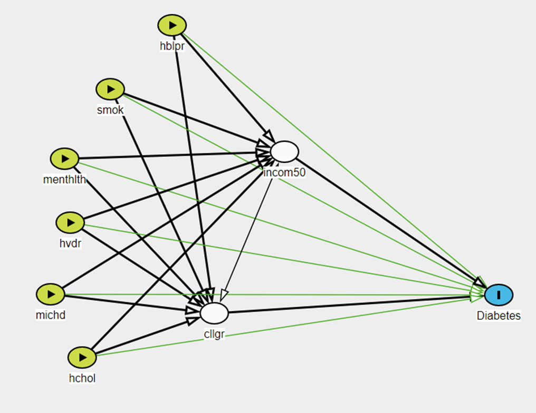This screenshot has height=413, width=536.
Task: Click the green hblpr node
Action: tap(172, 25)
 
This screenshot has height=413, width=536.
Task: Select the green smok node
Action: tap(110, 89)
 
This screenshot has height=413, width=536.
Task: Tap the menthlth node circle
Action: tap(64, 158)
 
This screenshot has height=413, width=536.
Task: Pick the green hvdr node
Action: tap(70, 222)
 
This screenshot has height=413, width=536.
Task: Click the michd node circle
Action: tap(50, 294)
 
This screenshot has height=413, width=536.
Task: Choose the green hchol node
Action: tap(82, 358)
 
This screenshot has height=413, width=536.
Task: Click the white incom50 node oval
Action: tap(284, 151)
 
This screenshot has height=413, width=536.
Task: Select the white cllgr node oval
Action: tap(214, 313)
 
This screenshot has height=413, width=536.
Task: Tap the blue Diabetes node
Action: tap(499, 294)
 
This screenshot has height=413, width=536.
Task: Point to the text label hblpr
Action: tap(172, 45)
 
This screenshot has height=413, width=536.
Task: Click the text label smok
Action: tap(110, 110)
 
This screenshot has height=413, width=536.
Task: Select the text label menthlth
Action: tap(64, 179)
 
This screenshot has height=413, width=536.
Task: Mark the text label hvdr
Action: tap(70, 243)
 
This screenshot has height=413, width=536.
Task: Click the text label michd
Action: tap(51, 315)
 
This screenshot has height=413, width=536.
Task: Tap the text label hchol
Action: tap(82, 378)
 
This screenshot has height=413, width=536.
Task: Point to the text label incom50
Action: tap(284, 172)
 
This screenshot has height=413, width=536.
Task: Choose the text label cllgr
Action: tap(214, 333)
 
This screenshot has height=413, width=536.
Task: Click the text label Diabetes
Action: tap(499, 316)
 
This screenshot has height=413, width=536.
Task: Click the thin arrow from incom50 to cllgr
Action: tap(248, 232)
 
